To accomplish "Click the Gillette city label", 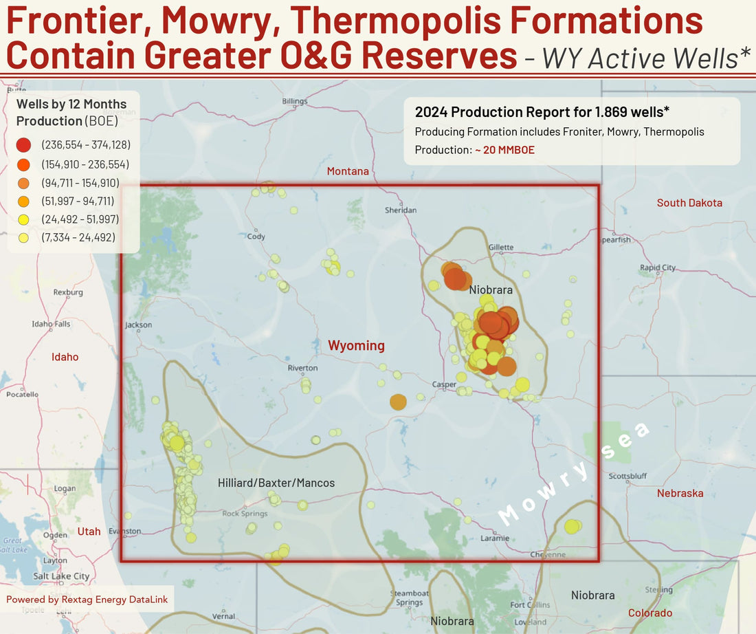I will point(500,248).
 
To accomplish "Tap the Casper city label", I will point(444,384).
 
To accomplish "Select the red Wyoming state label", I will point(356,345).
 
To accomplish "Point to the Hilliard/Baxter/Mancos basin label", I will point(276,483).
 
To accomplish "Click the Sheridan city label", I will point(401,210).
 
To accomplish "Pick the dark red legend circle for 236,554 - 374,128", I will point(23,145).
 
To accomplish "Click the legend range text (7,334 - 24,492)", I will point(78,238).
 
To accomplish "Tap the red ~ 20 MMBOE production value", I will point(505,150).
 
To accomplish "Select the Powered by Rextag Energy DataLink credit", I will point(87,600).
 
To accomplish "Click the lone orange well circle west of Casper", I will point(398,402).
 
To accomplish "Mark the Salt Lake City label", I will point(61,576).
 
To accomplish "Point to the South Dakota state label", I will point(689,203).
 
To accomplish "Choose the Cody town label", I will point(256,236).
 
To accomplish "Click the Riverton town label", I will point(302,369).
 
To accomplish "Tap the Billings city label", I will point(295,101).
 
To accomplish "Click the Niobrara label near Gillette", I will point(491,290).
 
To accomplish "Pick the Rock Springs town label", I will point(245,514).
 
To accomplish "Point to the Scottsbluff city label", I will point(627,476).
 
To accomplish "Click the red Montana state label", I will point(348,171).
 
